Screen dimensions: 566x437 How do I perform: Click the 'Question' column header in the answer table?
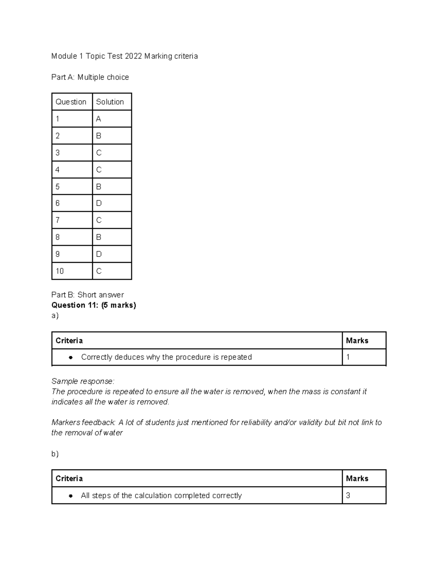71,102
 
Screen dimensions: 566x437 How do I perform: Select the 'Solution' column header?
110,102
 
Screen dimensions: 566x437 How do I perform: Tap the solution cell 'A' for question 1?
98,119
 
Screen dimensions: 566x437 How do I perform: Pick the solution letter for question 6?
99,203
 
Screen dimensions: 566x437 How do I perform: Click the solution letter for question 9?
99,254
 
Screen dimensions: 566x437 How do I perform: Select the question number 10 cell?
60,271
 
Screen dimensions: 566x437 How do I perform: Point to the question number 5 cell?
58,187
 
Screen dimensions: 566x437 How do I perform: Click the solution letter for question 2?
98,136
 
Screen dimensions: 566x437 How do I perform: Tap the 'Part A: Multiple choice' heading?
90,77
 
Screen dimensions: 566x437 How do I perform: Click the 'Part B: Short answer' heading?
87,295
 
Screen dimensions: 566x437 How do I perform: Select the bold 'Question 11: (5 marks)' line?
94,305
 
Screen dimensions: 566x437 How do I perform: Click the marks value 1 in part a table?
348,357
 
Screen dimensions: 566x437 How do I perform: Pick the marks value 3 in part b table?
348,496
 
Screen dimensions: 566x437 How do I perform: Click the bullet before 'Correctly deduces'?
71,358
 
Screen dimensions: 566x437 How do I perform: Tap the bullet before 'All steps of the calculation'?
71,496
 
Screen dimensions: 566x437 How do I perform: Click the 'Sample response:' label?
83,381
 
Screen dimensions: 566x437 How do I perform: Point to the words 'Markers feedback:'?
83,422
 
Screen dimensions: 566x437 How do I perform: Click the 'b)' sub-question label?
55,454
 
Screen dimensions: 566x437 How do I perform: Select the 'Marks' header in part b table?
357,479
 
